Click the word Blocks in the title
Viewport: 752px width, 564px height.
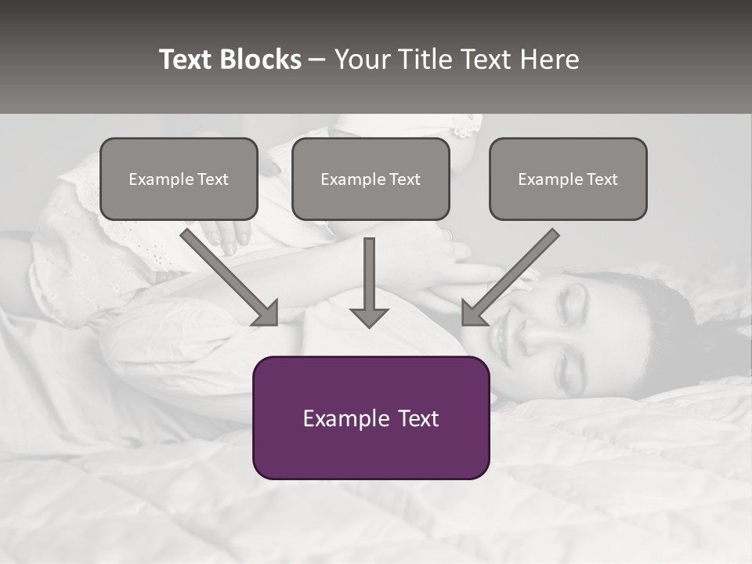pyautogui.click(x=262, y=60)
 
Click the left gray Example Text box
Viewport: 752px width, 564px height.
pyautogui.click(x=179, y=179)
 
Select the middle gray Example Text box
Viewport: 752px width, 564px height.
pyautogui.click(x=371, y=179)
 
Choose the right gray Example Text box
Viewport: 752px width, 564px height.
pyautogui.click(x=568, y=179)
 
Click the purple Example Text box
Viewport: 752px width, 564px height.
pyautogui.click(x=371, y=418)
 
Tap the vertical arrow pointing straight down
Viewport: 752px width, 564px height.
pyautogui.click(x=369, y=282)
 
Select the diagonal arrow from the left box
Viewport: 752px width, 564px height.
pyautogui.click(x=231, y=278)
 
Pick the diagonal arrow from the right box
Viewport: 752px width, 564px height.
pyautogui.click(x=510, y=278)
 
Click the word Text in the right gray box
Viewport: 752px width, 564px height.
pyautogui.click(x=602, y=179)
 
